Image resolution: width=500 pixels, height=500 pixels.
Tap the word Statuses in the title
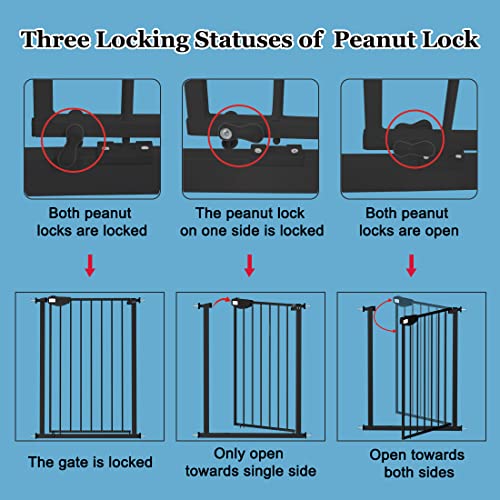tap(249, 39)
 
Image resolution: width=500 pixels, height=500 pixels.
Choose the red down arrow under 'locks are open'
tap(411, 266)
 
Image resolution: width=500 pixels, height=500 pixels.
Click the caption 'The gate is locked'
tap(90, 462)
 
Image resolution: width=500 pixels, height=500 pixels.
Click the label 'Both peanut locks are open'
tap(411, 221)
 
